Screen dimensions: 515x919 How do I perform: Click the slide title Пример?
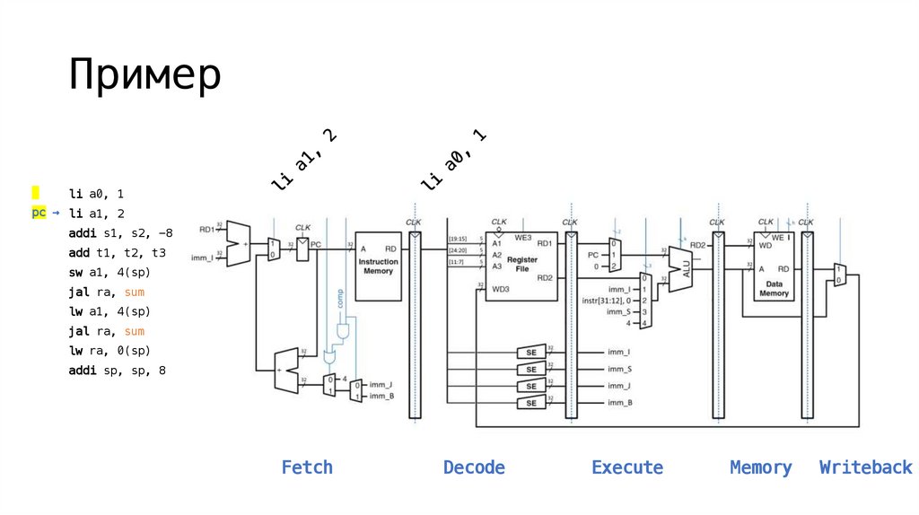coord(144,75)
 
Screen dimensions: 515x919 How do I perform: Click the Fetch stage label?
coord(307,467)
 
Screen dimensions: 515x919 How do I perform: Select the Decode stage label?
coord(474,467)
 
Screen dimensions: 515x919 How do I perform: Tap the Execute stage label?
coord(627,467)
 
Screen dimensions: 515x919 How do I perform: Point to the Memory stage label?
coord(761,467)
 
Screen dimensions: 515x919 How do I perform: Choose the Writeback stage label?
coord(865,467)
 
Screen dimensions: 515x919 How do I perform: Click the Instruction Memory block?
coord(378,266)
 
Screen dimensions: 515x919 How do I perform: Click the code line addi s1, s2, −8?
coord(120,233)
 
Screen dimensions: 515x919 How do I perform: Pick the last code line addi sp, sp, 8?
coord(118,371)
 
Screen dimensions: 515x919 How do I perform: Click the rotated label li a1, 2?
coord(304,160)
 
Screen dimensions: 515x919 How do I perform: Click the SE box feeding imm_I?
coord(530,353)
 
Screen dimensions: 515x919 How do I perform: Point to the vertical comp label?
coord(340,297)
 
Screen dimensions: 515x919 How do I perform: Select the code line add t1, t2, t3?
coord(118,253)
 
